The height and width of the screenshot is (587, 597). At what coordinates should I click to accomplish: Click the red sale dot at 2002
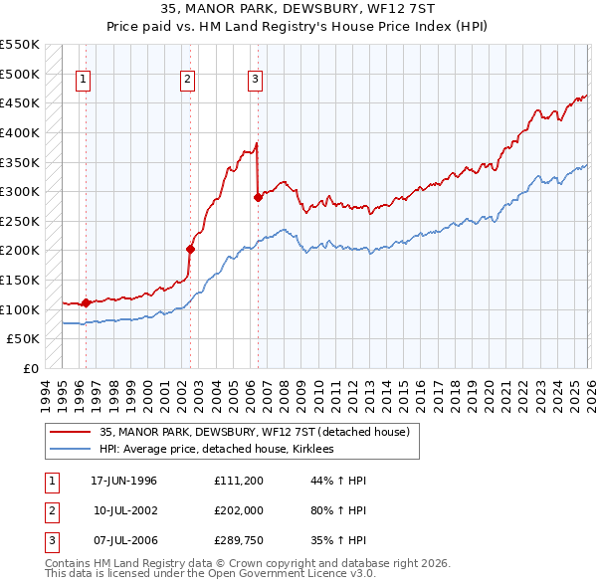pos(190,249)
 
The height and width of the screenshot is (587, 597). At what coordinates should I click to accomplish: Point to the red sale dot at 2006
pos(258,197)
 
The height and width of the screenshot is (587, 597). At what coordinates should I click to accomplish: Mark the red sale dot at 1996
pos(86,302)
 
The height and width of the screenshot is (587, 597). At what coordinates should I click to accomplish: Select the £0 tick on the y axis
pos(30,368)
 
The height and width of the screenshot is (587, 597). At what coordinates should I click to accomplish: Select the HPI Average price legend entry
pos(216,450)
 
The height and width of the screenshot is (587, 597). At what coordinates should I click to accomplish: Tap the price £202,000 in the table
pos(238,510)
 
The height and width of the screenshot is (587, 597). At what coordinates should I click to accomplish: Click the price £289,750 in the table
pos(238,540)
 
